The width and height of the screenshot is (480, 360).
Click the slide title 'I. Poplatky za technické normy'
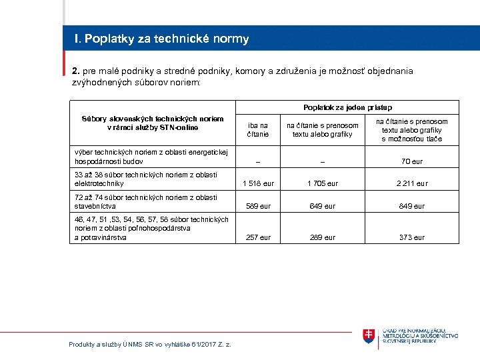click(162, 39)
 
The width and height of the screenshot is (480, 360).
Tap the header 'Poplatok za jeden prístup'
click(347, 107)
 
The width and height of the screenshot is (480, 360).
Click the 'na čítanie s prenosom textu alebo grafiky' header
click(322, 129)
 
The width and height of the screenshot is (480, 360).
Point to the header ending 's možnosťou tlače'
click(411, 130)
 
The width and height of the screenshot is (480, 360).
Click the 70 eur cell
click(411, 161)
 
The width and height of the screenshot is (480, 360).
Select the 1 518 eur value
click(258, 183)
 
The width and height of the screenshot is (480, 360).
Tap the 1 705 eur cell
click(322, 183)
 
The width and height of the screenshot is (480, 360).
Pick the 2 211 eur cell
click(411, 183)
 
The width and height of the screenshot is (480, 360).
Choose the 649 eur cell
click(322, 206)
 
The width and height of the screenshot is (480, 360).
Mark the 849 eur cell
click(411, 206)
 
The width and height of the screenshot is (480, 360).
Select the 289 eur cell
click(322, 237)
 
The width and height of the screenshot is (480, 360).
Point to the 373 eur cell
click(411, 237)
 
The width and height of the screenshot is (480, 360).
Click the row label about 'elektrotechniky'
click(146, 179)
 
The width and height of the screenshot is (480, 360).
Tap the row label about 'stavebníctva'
click(146, 201)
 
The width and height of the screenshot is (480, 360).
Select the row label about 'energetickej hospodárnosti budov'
click(151, 156)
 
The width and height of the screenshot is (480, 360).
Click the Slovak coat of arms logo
click(369, 336)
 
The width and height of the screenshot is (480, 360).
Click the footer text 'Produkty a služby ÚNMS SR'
click(149, 344)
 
